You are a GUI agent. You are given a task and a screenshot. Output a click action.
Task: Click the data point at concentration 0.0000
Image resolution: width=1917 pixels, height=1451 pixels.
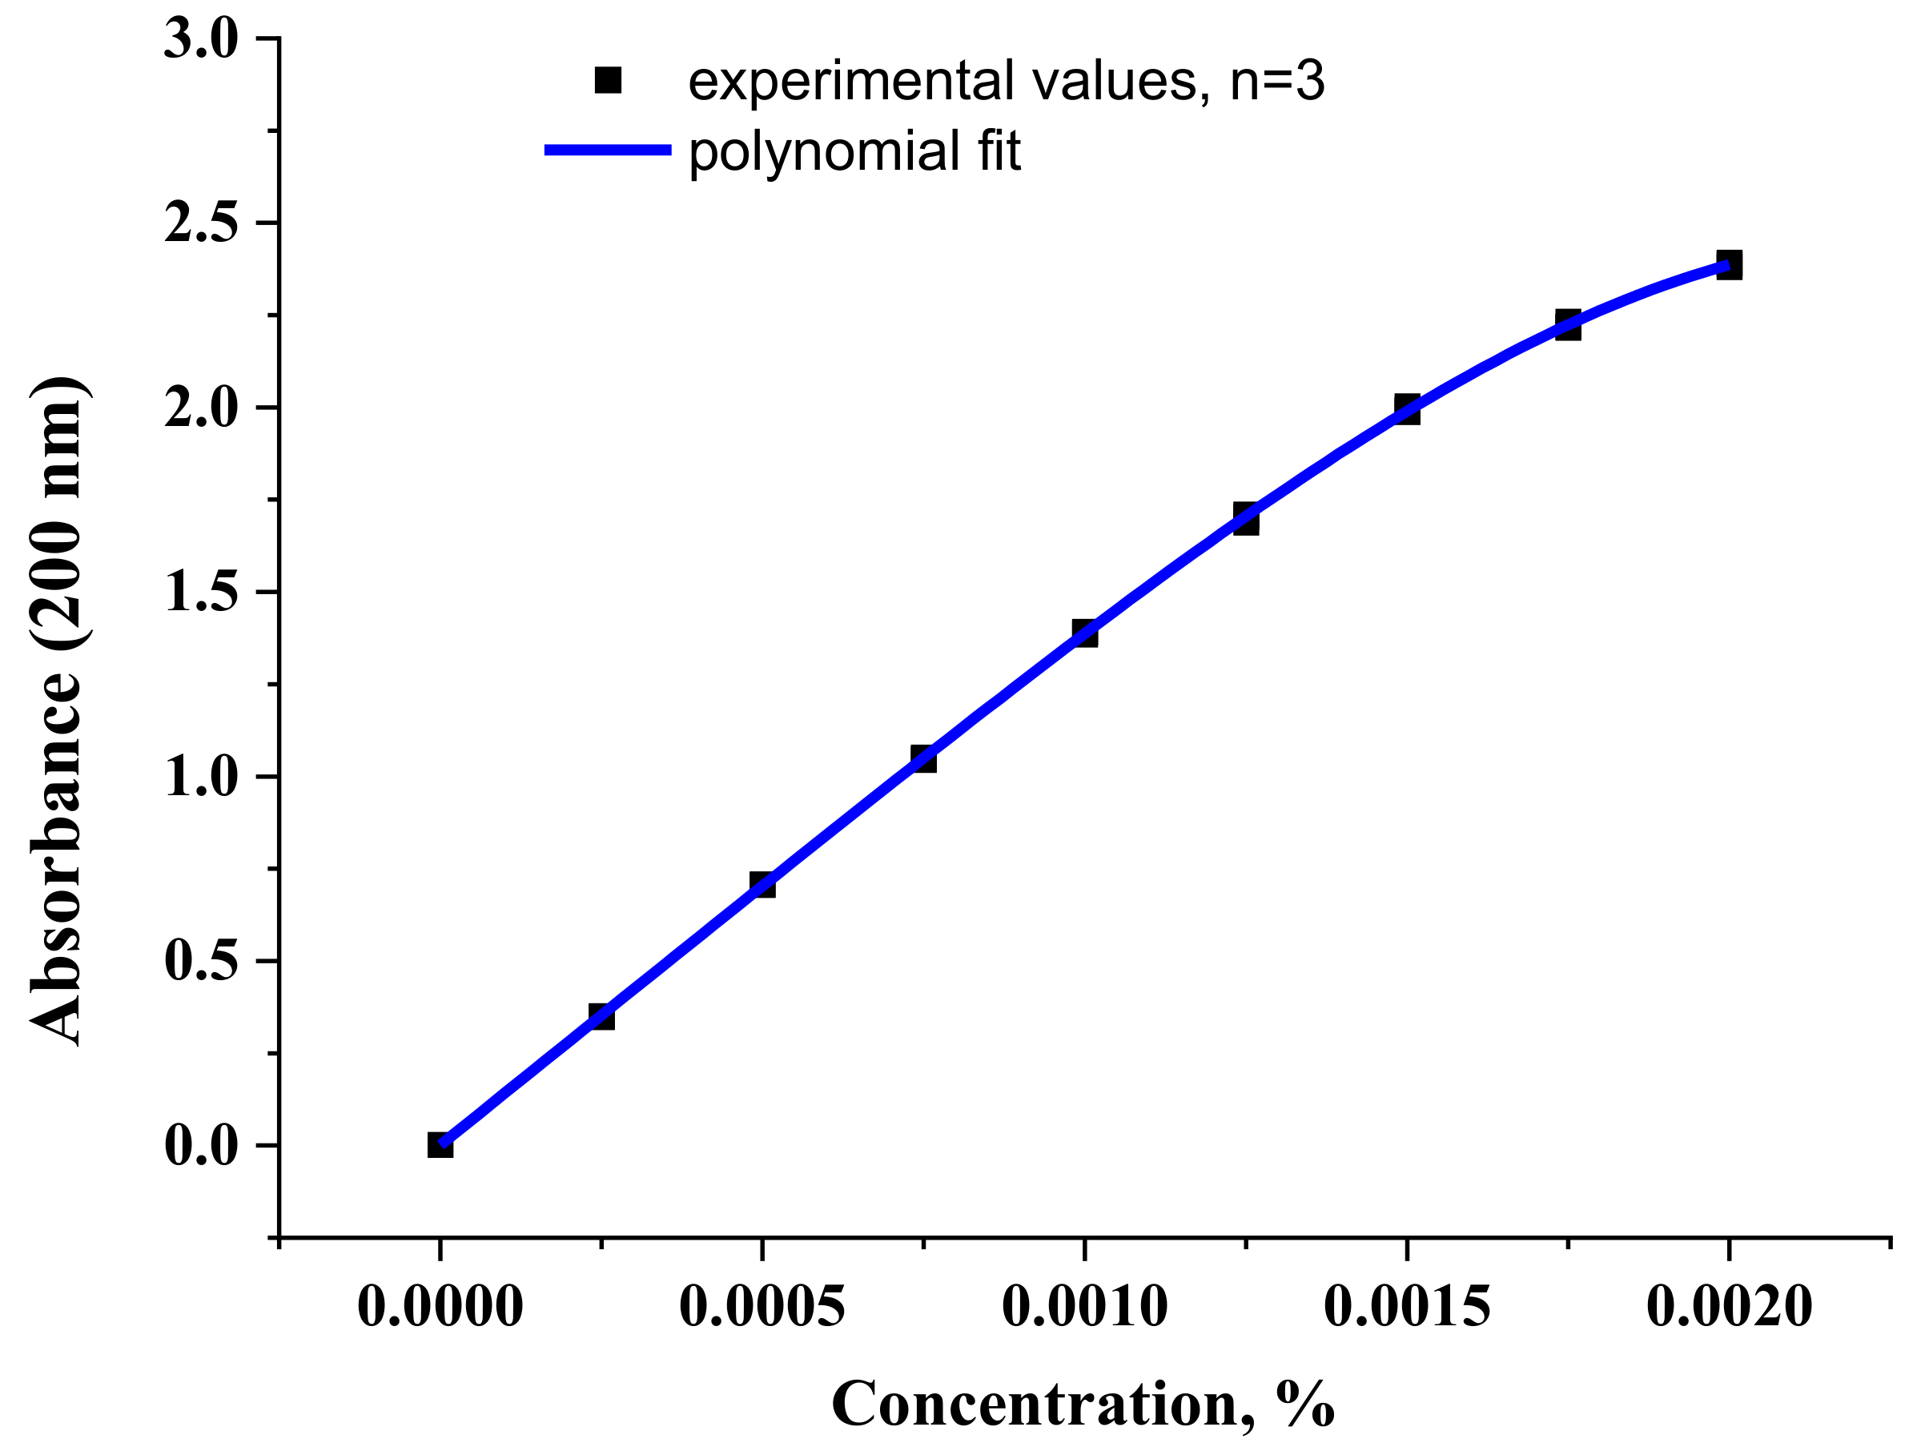pos(440,1145)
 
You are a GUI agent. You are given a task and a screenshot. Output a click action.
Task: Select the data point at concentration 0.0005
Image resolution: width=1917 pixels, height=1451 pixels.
pos(762,885)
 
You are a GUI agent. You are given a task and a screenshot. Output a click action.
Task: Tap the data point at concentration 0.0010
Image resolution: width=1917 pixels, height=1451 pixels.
pos(1085,633)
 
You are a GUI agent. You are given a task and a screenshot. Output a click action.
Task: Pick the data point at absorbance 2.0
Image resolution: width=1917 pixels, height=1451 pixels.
pos(1408,408)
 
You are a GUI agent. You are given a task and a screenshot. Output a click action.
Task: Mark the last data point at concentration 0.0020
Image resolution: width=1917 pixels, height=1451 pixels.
pos(1729,265)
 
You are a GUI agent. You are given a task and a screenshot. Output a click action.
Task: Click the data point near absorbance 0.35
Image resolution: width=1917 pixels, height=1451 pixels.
pos(601,1016)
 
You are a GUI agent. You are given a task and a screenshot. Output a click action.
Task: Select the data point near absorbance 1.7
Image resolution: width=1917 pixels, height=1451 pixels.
pos(1246,519)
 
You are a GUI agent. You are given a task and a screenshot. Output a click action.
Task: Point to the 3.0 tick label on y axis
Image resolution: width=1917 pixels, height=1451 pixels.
pos(201,40)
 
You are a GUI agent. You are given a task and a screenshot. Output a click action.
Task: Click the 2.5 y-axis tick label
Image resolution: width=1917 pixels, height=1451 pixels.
pos(201,223)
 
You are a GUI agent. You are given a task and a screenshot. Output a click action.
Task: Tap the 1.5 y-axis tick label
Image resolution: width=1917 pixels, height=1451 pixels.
pos(201,593)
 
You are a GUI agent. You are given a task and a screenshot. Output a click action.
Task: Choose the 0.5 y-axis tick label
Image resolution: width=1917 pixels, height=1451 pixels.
pos(201,961)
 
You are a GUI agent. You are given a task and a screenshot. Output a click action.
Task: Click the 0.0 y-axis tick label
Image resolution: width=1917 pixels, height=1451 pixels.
pos(201,1146)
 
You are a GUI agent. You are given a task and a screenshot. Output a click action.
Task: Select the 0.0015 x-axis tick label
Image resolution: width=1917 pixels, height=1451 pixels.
pos(1408,1307)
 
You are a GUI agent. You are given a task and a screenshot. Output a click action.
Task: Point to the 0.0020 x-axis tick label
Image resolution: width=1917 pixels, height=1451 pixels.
pos(1729,1307)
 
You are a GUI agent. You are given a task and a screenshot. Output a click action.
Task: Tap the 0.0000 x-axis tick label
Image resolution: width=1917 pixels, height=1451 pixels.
pos(440,1307)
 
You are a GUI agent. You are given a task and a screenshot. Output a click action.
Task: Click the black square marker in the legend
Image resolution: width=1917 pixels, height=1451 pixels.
pos(609,81)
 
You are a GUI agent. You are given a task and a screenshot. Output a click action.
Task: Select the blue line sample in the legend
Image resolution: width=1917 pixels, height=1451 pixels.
pos(608,150)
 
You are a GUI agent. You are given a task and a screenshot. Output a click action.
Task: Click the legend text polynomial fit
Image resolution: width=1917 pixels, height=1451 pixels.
pos(854,151)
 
